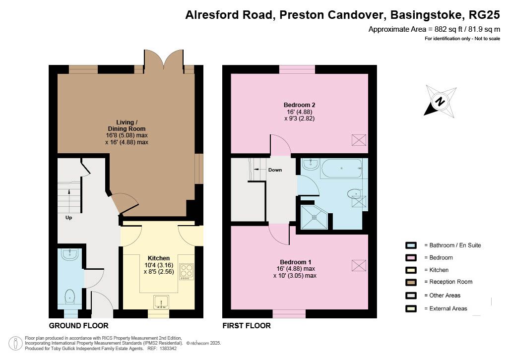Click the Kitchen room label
tap(159, 258)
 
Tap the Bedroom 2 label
tap(299, 105)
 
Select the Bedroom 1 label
tap(296, 262)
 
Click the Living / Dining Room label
tap(127, 125)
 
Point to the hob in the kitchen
tap(187, 272)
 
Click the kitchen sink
tap(161, 301)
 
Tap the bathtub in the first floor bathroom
tap(341, 168)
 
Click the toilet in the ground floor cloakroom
tap(70, 297)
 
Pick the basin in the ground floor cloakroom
tap(69, 255)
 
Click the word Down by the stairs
tap(275, 170)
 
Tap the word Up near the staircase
tap(68, 218)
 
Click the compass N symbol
tap(440, 101)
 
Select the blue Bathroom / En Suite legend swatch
tap(411, 245)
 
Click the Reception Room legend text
tap(450, 282)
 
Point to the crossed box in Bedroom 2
tap(359, 140)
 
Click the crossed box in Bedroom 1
tap(359, 265)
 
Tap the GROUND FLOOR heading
tap(79, 326)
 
